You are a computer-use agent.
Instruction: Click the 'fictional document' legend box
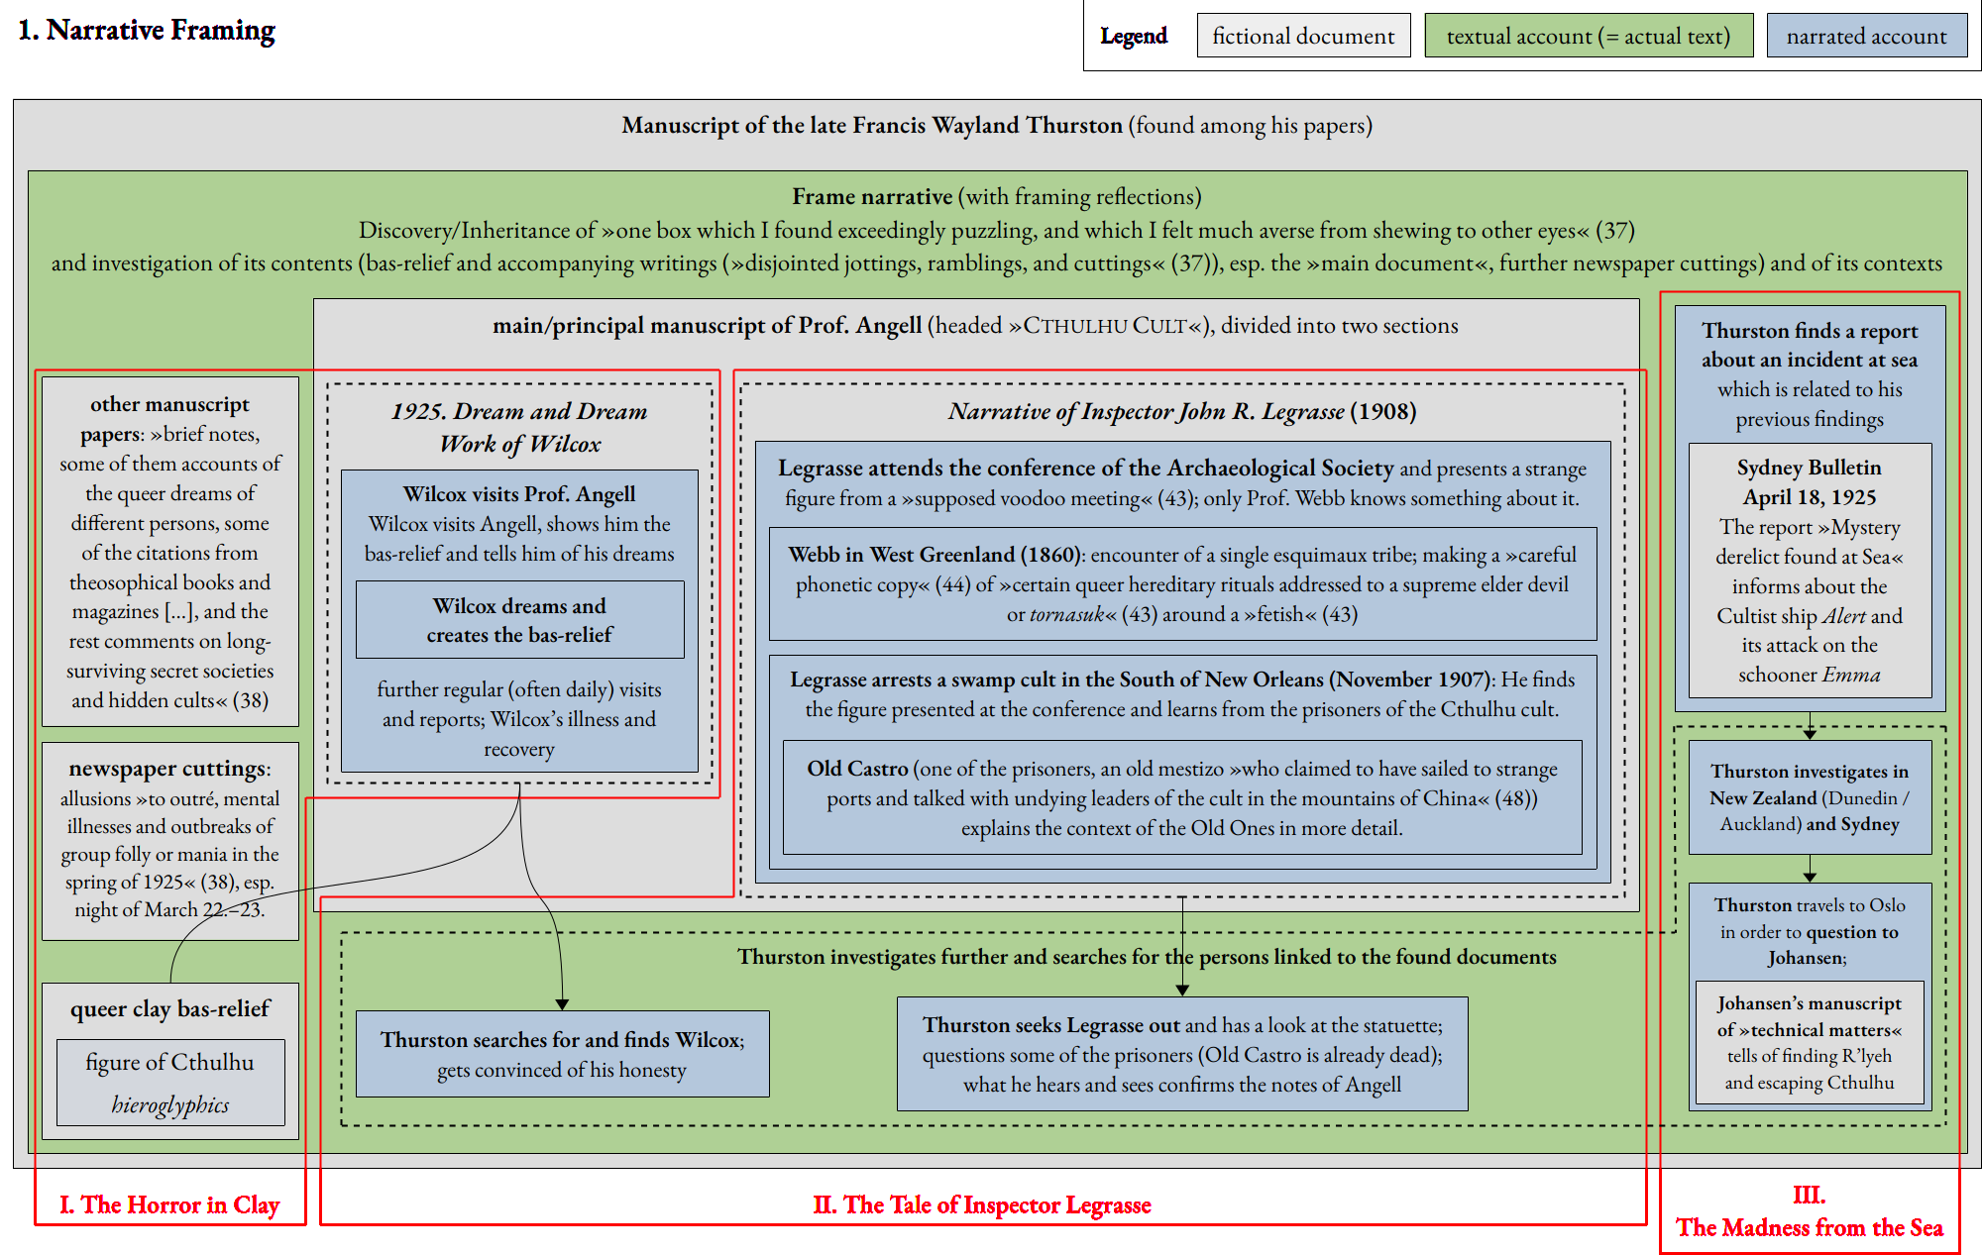(1303, 36)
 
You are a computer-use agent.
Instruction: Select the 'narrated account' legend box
(1866, 36)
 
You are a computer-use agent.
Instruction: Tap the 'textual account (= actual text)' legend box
(1588, 36)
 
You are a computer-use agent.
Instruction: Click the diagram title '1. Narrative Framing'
(147, 31)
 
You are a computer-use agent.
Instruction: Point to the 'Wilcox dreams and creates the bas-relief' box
(519, 620)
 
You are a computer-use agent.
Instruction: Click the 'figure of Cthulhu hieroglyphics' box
(170, 1083)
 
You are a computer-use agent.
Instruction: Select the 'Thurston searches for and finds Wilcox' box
(562, 1053)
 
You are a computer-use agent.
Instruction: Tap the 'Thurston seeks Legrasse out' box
(1181, 1053)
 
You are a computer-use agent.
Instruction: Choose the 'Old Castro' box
(1181, 797)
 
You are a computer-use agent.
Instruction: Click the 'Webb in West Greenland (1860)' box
(1181, 583)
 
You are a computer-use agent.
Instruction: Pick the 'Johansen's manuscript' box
(1809, 1042)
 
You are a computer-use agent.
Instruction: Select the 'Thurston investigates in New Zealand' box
(1809, 797)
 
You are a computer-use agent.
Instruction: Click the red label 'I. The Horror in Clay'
(169, 1204)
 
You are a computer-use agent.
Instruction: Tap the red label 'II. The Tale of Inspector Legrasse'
(982, 1204)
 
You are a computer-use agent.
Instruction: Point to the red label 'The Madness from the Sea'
(1809, 1227)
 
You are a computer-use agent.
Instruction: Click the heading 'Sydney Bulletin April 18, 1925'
(1809, 481)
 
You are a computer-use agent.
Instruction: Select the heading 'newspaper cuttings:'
(169, 769)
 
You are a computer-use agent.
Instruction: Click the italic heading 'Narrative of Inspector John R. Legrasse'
(1146, 411)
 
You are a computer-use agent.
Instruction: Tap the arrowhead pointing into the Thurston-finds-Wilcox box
(562, 1004)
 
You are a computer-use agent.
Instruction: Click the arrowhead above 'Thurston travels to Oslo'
(1810, 877)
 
